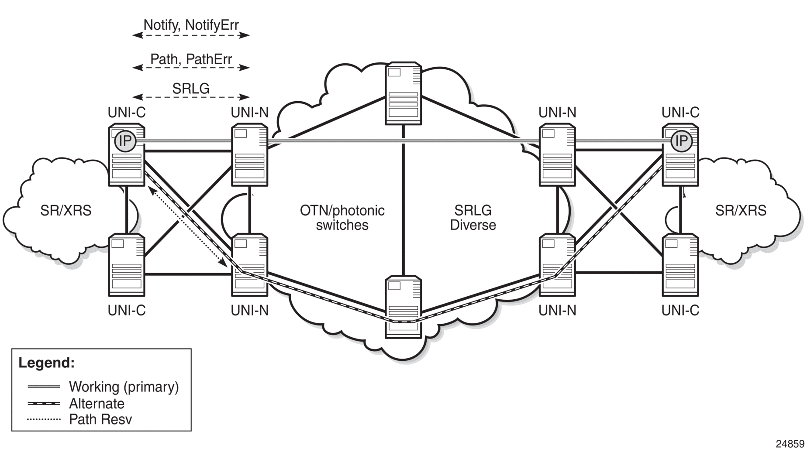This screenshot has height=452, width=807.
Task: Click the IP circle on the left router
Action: point(125,141)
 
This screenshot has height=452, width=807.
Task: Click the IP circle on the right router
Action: point(681,141)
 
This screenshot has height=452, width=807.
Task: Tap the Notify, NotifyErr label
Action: point(191,25)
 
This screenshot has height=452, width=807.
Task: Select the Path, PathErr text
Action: point(191,59)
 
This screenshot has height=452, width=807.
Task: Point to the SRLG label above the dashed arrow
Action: point(191,89)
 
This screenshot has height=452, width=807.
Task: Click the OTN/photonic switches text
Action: point(342,218)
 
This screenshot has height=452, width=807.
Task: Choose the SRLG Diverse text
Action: point(473,218)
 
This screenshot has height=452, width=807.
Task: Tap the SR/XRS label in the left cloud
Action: point(66,211)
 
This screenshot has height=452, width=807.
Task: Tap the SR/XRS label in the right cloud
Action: point(741,211)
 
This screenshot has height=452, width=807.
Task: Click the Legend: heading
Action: point(47,363)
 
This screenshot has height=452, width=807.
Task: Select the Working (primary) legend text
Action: point(124,387)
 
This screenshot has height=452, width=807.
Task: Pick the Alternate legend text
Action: point(97,404)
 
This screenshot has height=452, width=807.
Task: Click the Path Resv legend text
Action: point(100,420)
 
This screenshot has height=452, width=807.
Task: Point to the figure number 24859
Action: point(790,444)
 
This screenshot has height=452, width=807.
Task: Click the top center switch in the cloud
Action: point(403,93)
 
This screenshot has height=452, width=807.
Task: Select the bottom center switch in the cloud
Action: point(403,306)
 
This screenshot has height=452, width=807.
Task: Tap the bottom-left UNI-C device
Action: point(127,265)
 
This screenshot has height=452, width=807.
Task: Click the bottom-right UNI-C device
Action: point(680,265)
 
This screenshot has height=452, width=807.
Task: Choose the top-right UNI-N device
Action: point(557,155)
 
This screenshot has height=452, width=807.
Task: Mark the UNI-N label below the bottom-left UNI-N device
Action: point(250,311)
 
